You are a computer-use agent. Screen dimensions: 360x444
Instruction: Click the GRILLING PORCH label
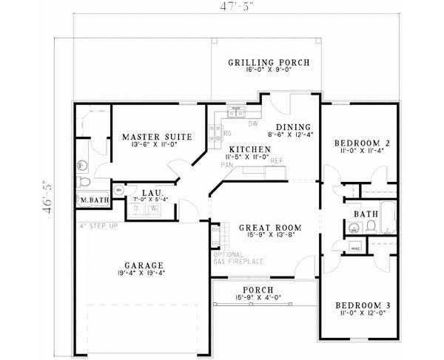[x=268, y=62]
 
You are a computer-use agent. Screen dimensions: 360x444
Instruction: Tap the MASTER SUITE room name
[x=157, y=137]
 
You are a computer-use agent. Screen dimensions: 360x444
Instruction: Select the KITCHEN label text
[x=244, y=149]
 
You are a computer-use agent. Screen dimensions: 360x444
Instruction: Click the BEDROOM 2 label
[x=362, y=143]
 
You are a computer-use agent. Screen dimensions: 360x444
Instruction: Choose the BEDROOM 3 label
[x=362, y=305]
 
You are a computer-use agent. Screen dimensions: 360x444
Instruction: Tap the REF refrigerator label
[x=275, y=161]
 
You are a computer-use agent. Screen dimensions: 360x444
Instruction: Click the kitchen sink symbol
[x=236, y=113]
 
